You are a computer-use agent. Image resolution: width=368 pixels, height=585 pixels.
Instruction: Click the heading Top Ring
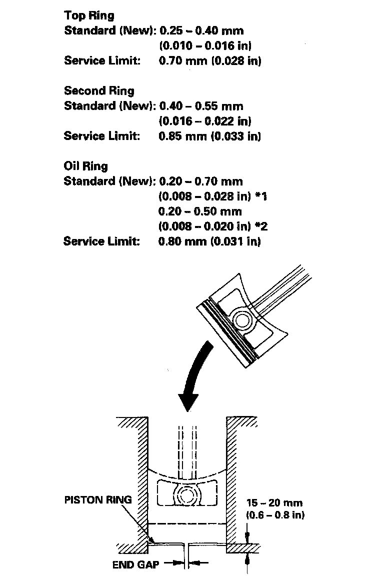tap(89, 15)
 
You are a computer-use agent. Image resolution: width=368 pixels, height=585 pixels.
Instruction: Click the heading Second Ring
tap(99, 91)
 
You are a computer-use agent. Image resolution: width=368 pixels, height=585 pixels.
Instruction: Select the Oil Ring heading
tap(85, 166)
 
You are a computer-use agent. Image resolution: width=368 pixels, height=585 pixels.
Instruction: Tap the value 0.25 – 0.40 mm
tap(201, 31)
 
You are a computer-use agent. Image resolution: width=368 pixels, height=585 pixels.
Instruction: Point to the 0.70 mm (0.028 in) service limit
tap(209, 61)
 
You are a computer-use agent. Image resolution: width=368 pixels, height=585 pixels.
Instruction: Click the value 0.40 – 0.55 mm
tap(201, 106)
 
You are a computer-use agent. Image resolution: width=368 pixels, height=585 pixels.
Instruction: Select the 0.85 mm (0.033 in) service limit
tap(209, 136)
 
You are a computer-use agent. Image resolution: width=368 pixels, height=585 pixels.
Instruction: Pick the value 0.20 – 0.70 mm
tap(201, 181)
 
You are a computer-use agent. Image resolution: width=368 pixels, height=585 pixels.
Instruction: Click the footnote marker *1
tap(262, 196)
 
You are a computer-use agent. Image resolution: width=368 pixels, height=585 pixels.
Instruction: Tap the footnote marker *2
tap(262, 226)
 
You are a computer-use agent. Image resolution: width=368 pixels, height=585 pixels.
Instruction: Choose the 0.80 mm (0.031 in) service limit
tap(209, 241)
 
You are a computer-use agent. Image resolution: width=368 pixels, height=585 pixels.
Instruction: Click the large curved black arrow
tap(192, 380)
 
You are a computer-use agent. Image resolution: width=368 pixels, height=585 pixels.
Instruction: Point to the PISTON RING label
tap(98, 499)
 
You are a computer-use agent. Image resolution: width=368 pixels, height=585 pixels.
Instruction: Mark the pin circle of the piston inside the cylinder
tap(186, 495)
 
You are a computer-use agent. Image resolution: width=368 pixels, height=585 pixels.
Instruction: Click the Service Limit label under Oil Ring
tap(101, 241)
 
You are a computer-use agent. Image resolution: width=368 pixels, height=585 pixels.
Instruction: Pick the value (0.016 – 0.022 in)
tap(205, 121)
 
